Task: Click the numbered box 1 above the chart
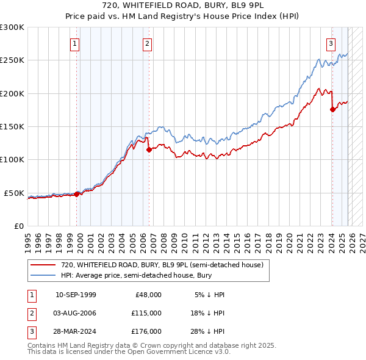point(74,43)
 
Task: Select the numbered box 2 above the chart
point(148,43)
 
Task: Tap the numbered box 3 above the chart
point(331,43)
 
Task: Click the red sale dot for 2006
point(148,149)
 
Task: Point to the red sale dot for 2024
point(332,109)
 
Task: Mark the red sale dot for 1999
point(77,194)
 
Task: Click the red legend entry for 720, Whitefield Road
point(162,265)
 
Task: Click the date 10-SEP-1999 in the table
point(76,295)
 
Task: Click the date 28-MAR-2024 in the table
point(76,331)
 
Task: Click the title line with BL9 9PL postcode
point(183,7)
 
